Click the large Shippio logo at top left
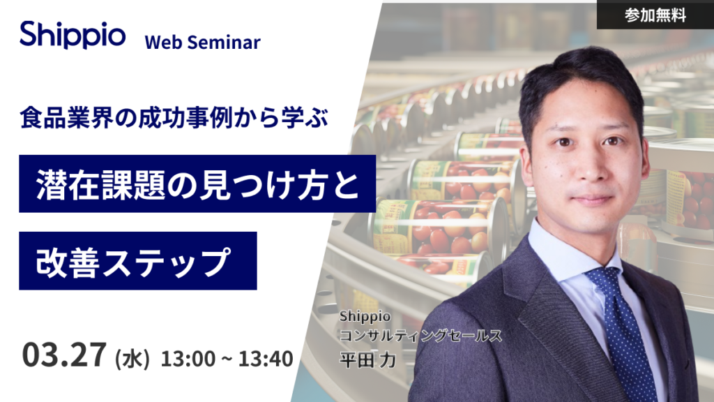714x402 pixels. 73,35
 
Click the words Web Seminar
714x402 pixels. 203,43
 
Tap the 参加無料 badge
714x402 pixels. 655,15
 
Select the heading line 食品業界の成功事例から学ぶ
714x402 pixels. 174,117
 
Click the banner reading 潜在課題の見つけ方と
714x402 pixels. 197,184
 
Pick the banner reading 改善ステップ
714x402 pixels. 138,261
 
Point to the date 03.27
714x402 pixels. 64,355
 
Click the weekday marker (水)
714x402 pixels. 132,358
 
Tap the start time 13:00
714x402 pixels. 188,358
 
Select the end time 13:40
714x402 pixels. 266,358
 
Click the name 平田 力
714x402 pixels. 368,360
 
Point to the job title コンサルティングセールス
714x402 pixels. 420,336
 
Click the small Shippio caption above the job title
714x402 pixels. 365,316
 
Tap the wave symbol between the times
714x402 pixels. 227,359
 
